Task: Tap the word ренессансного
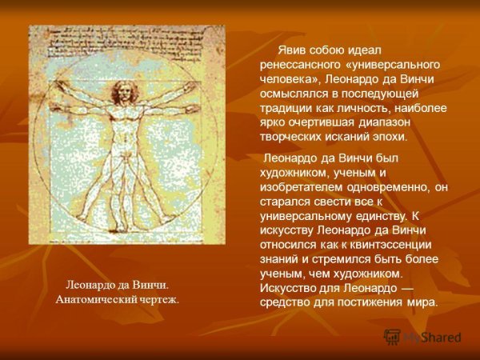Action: click(301, 65)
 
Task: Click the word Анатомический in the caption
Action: click(94, 299)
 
